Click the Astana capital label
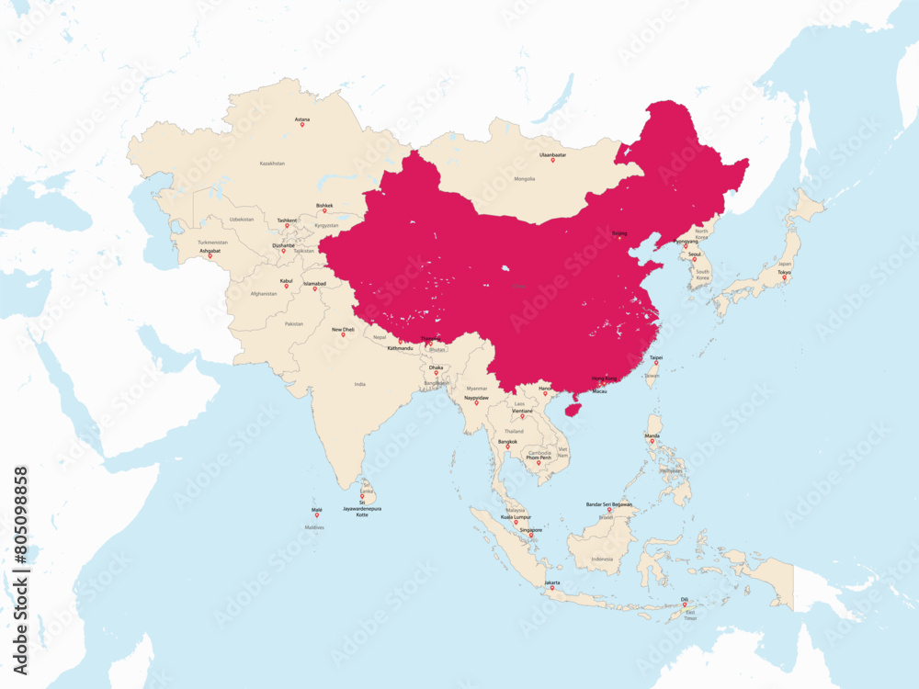[x=301, y=119]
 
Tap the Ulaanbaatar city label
[x=552, y=154]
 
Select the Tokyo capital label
[x=784, y=272]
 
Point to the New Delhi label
[x=343, y=329]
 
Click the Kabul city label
[x=286, y=280]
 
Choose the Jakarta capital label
[x=552, y=582]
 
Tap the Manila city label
[x=652, y=435]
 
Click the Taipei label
[x=656, y=357]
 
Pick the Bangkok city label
[x=507, y=441]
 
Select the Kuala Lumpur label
[x=516, y=517]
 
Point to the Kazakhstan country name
[x=272, y=163]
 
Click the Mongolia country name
[x=525, y=178]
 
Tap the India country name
[x=360, y=384]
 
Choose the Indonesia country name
[x=602, y=559]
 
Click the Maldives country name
[x=315, y=527]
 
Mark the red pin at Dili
[x=684, y=604]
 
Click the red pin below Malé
[x=317, y=515]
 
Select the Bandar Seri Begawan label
[x=609, y=504]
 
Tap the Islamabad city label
[x=315, y=284]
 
